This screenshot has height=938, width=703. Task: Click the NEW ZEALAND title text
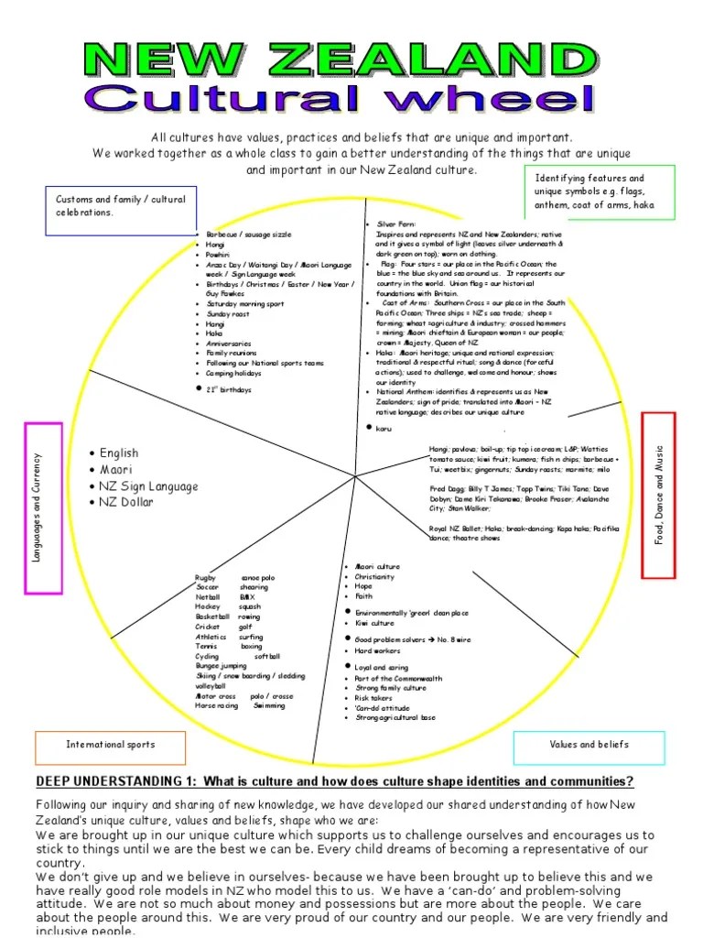pos(338,60)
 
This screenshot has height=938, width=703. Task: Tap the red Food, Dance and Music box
pos(658,495)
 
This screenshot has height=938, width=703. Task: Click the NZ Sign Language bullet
pos(147,486)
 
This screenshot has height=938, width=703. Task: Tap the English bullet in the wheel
pos(119,453)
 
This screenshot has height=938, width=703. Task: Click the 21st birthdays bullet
pos(229,389)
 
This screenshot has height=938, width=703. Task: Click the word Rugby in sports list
pos(203,578)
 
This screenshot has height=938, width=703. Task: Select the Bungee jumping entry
pos(221,666)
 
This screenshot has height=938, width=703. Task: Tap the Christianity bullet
pos(375,577)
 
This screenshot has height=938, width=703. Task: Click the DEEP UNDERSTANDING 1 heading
pos(334,781)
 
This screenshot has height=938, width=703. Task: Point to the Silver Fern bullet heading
pos(395,224)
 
